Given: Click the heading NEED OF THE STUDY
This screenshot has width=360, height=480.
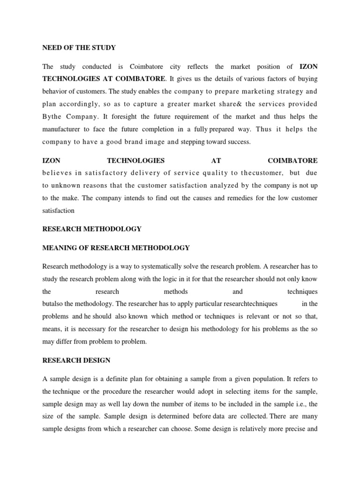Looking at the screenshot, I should (79, 48).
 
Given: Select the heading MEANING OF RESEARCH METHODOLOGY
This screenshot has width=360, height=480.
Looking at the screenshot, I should (116, 247).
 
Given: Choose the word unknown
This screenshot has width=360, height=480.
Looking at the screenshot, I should (67, 186).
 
